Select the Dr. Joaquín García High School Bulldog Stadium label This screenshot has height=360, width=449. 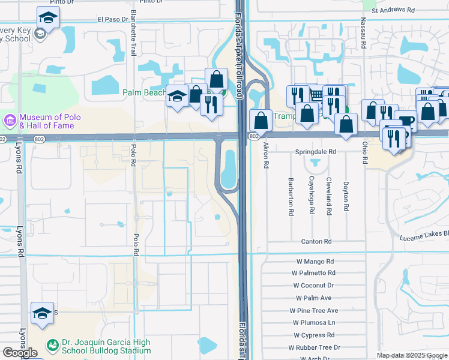pos(106,347)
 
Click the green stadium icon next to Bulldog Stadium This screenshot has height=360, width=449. pos(52,347)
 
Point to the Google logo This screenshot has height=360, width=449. pos(20,353)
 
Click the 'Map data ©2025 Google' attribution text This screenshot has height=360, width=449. pos(412,355)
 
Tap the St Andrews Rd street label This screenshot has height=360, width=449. pos(393,10)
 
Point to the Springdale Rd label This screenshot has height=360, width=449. pos(315,152)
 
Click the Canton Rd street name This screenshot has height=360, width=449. pos(316,241)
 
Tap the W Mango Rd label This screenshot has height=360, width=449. pos(315,262)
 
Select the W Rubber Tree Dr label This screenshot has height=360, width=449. pos(314,347)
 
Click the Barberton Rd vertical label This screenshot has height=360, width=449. pos(290,196)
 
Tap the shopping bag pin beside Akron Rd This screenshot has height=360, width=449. pos(260,121)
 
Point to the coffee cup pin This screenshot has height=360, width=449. pos(406,121)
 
